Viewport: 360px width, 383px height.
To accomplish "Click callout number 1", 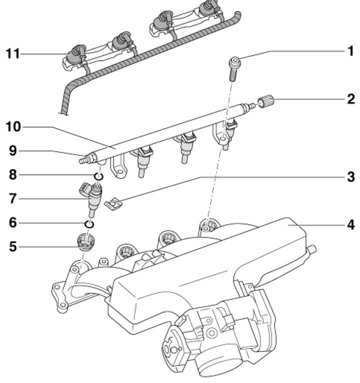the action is pos(350,51).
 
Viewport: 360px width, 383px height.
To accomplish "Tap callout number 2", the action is pos(351,99).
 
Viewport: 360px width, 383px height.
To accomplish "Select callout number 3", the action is pos(351,176).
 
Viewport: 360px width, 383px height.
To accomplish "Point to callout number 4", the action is pos(351,224).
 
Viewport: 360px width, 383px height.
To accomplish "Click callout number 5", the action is pos(13,246).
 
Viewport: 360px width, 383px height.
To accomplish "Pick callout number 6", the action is pos(13,223).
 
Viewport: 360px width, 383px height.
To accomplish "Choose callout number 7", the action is pos(13,198).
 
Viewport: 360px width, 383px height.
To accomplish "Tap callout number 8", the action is pos(13,175).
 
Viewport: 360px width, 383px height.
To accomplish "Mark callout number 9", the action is pos(13,150).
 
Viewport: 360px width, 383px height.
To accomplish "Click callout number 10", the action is pos(13,127).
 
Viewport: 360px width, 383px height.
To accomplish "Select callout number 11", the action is pos(12,53).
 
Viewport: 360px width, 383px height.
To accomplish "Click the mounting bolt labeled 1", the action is pos(234,69).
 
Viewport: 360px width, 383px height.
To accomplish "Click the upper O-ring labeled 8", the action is pos(98,176).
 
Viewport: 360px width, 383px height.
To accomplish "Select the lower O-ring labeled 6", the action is pos(89,224).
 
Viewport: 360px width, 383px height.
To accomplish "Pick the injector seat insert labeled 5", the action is pos(85,242).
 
